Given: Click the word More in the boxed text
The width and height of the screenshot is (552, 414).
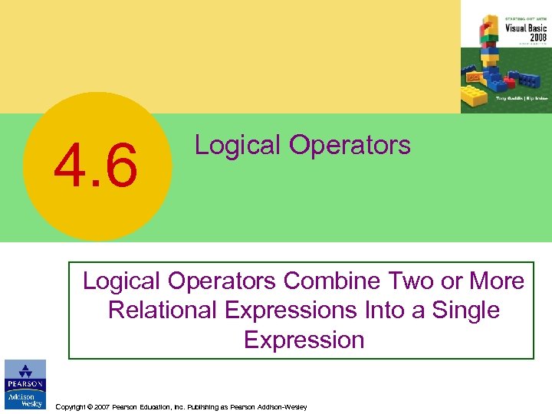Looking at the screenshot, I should pos(497,281).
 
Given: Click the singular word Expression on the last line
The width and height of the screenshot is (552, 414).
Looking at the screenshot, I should pos(304,340).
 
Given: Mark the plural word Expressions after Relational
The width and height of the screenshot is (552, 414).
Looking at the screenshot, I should pos(295,310).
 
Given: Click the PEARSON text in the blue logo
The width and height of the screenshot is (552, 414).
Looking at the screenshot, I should pos(25,384).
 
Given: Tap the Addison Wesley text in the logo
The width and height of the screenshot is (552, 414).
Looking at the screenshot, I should pos(25,399).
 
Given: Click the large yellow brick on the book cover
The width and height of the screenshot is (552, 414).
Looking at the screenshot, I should pos(475,96).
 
